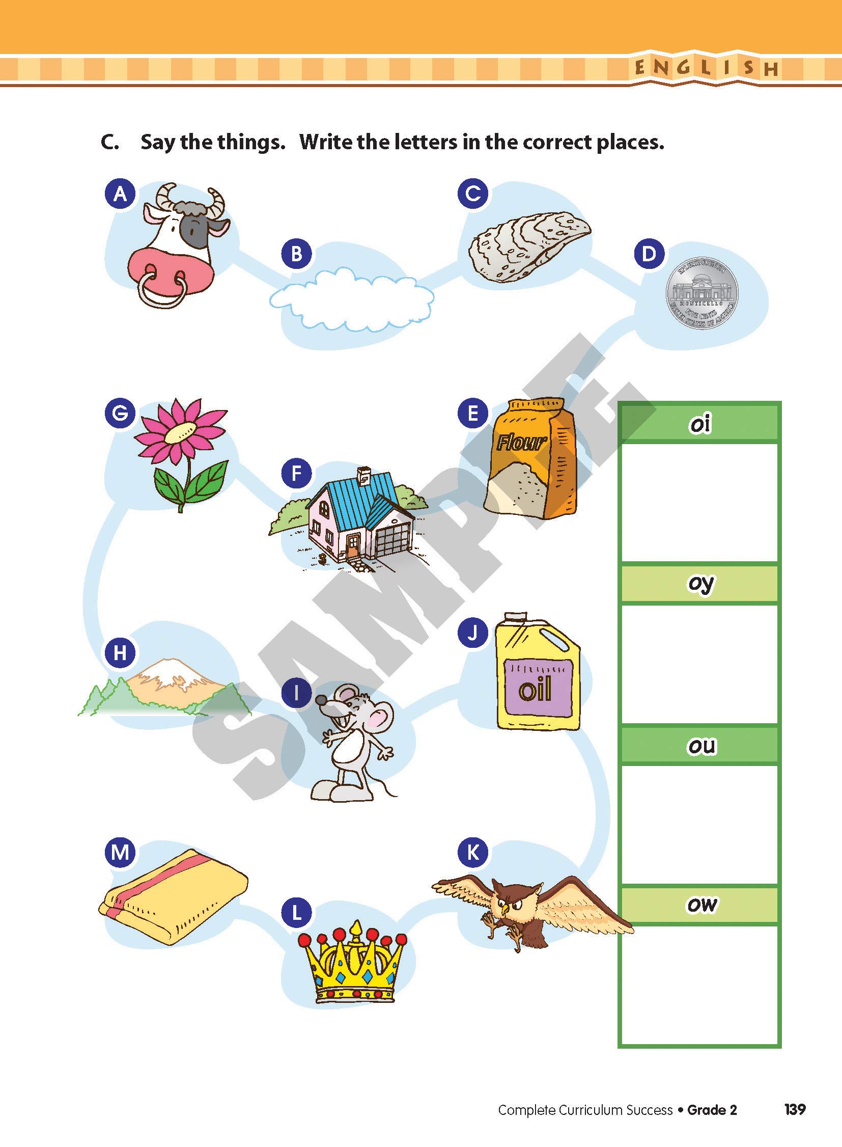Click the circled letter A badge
(x=120, y=194)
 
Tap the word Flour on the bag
(x=521, y=442)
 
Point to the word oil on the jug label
(x=535, y=689)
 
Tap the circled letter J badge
(x=473, y=633)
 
